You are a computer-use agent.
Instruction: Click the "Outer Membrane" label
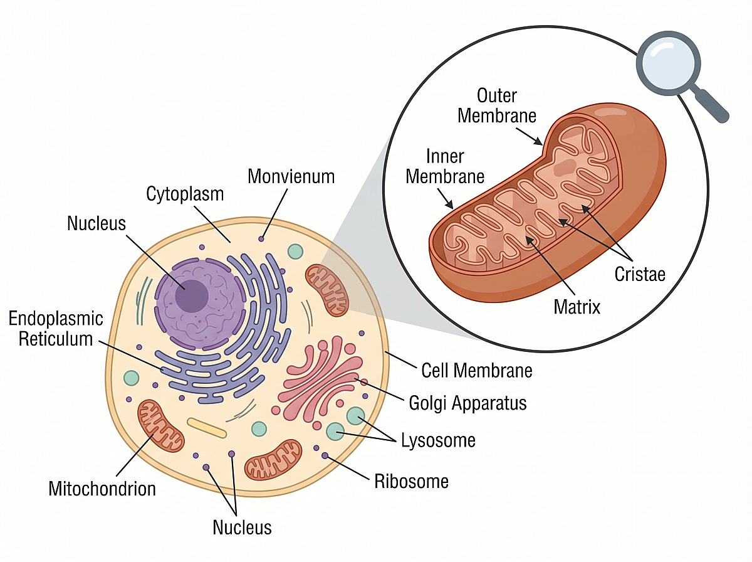[497, 105]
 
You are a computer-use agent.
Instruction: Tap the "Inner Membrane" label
[445, 166]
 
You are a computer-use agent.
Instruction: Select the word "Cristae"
[639, 274]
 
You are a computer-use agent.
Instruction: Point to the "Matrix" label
[577, 307]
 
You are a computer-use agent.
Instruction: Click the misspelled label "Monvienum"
[291, 176]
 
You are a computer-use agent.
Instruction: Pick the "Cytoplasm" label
[185, 194]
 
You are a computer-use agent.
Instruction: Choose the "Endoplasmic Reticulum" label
[56, 329]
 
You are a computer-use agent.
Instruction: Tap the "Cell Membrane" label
[476, 370]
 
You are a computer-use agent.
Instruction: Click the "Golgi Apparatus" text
[467, 402]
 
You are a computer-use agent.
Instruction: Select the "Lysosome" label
[438, 440]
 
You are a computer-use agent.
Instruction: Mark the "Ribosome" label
[411, 481]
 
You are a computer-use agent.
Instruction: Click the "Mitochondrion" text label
[102, 488]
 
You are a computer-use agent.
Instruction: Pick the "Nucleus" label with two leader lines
[243, 527]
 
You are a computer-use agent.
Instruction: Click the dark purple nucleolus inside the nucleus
[191, 295]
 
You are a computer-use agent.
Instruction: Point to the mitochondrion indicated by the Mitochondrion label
[162, 425]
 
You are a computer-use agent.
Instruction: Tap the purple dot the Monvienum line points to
[261, 239]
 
